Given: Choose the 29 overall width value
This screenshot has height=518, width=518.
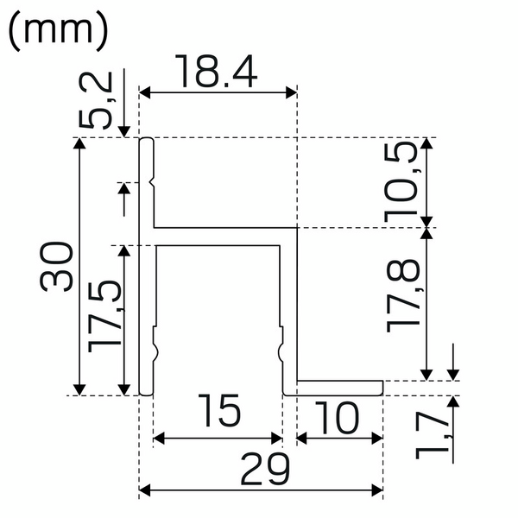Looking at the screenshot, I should [x=260, y=471].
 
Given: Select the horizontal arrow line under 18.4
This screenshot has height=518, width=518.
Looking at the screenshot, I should [x=218, y=91].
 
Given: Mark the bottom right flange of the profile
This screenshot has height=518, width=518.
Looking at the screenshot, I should [x=340, y=387].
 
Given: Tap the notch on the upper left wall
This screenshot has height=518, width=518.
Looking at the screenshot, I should [x=153, y=182].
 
